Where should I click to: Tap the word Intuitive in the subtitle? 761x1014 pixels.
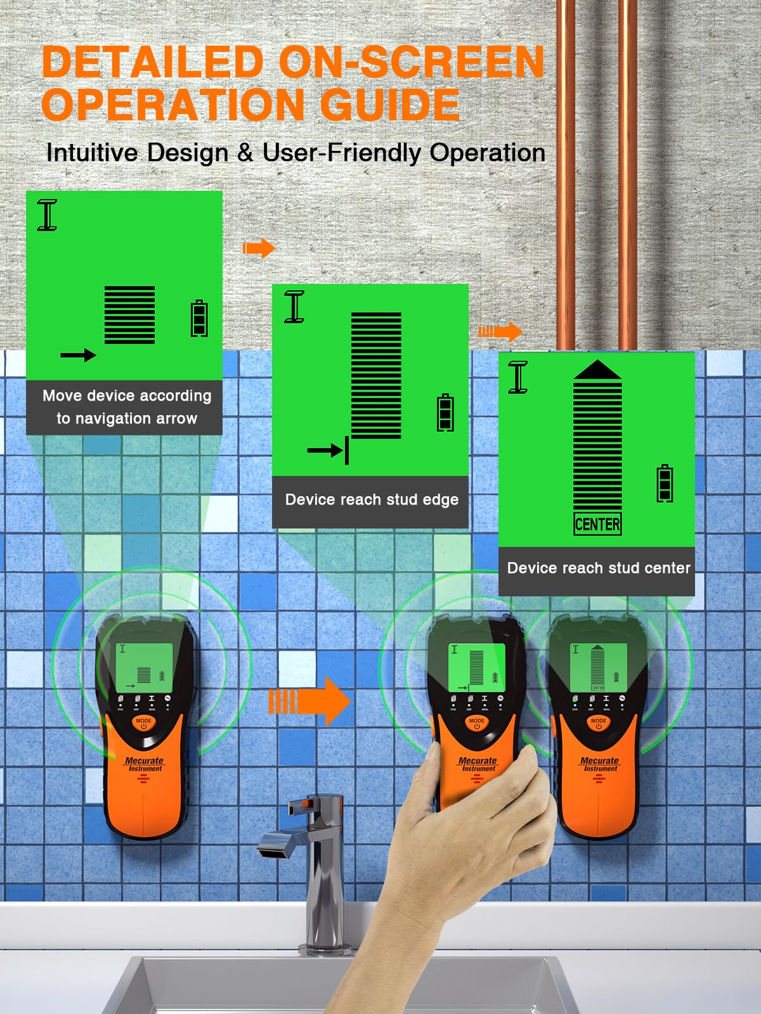(x=92, y=153)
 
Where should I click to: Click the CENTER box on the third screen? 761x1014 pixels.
(x=597, y=524)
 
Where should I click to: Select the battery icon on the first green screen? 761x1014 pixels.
(x=200, y=318)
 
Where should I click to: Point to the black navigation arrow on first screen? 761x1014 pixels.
(x=78, y=355)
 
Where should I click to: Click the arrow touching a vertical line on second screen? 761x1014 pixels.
(x=327, y=451)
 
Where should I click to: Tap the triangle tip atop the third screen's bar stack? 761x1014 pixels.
(x=597, y=369)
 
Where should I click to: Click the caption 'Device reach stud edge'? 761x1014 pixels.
(x=372, y=499)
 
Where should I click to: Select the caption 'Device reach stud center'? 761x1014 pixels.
(x=598, y=568)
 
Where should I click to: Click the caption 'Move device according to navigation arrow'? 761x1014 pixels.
(x=126, y=407)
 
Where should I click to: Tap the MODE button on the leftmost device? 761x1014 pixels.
(x=144, y=722)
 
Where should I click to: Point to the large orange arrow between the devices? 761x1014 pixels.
(x=310, y=701)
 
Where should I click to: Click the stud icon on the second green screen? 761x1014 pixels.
(x=294, y=307)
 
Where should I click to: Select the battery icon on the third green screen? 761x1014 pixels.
(x=665, y=484)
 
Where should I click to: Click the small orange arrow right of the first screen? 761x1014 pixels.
(x=259, y=248)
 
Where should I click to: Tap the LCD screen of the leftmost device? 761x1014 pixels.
(x=144, y=669)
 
